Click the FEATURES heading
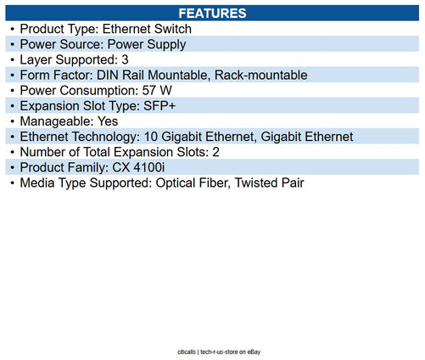[212, 14]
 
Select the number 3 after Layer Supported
[125, 59]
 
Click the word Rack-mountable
[261, 75]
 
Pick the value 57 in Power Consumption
[148, 91]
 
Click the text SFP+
[159, 106]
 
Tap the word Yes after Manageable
[108, 121]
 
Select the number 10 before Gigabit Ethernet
[150, 137]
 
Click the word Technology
[106, 137]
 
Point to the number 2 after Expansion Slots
[215, 152]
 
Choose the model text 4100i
[149, 167]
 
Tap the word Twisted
[252, 183]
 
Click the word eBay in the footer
[254, 352]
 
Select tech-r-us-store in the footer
[219, 352]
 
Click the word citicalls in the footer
[187, 352]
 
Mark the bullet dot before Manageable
[12, 121]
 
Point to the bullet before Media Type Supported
[12, 183]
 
